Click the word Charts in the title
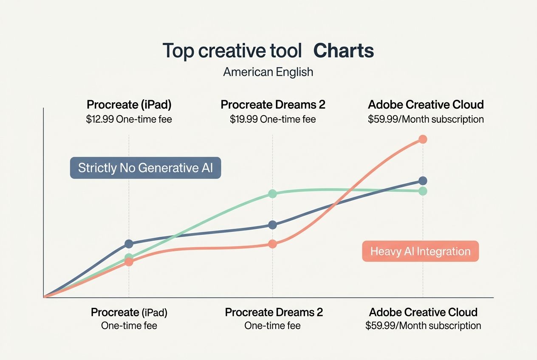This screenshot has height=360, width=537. (343, 51)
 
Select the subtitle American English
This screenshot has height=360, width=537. (268, 72)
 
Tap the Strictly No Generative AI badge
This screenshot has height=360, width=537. (145, 168)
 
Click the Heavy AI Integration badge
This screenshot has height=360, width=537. (420, 251)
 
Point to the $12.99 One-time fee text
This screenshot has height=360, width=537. (129, 119)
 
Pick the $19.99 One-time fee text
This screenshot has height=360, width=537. (273, 119)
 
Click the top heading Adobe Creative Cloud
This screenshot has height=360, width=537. (426, 104)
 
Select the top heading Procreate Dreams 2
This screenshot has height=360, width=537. (273, 104)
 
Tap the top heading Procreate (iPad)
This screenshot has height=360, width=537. (129, 104)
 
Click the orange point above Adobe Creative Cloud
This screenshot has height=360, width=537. (423, 139)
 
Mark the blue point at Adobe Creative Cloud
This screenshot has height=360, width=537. (423, 181)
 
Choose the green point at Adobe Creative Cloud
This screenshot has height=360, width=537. (423, 191)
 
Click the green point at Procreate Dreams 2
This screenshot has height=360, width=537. (273, 194)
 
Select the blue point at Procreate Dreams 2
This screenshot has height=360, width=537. (273, 225)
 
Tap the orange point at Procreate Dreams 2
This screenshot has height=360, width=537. (273, 244)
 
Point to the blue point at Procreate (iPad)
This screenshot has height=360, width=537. (129, 244)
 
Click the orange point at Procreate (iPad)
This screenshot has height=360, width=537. (129, 262)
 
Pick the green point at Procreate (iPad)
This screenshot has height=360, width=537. (129, 257)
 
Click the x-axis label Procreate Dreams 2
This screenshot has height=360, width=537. (274, 312)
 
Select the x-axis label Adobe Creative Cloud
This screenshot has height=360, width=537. (423, 312)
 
